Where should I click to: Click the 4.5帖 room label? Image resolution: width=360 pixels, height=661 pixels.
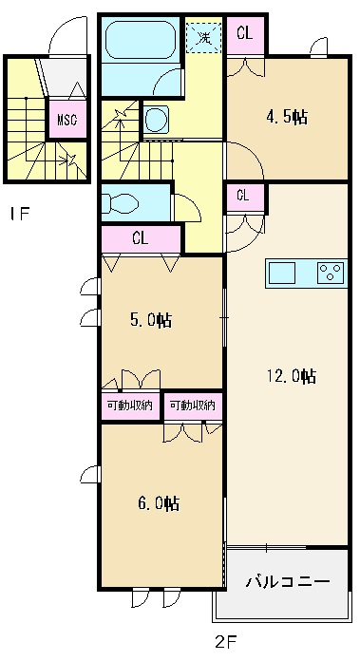[x=287, y=117]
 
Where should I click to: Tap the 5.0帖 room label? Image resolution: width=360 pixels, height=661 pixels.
[x=151, y=321]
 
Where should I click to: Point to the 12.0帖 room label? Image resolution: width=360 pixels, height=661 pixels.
[x=292, y=375]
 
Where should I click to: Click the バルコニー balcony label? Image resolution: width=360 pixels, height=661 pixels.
[x=288, y=582]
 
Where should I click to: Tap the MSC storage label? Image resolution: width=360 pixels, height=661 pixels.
[x=67, y=120]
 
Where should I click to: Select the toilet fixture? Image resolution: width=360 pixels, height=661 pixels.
[x=120, y=205]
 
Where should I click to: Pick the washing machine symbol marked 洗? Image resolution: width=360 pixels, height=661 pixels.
[x=204, y=37]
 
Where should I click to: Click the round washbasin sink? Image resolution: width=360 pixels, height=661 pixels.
[x=157, y=120]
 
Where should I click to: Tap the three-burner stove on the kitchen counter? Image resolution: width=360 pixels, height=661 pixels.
[x=331, y=273]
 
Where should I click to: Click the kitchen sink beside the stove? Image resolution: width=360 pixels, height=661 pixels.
[x=281, y=273]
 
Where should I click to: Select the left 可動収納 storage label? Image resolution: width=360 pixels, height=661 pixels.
[x=130, y=406]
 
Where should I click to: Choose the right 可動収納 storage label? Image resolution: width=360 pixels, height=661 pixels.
[x=193, y=406]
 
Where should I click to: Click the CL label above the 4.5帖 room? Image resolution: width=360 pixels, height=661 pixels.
[x=245, y=33]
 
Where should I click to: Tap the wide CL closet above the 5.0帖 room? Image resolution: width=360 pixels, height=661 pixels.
[x=141, y=238]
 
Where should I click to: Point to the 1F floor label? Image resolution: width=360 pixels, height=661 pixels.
[x=20, y=214]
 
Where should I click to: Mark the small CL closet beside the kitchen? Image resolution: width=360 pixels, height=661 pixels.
[x=244, y=197]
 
